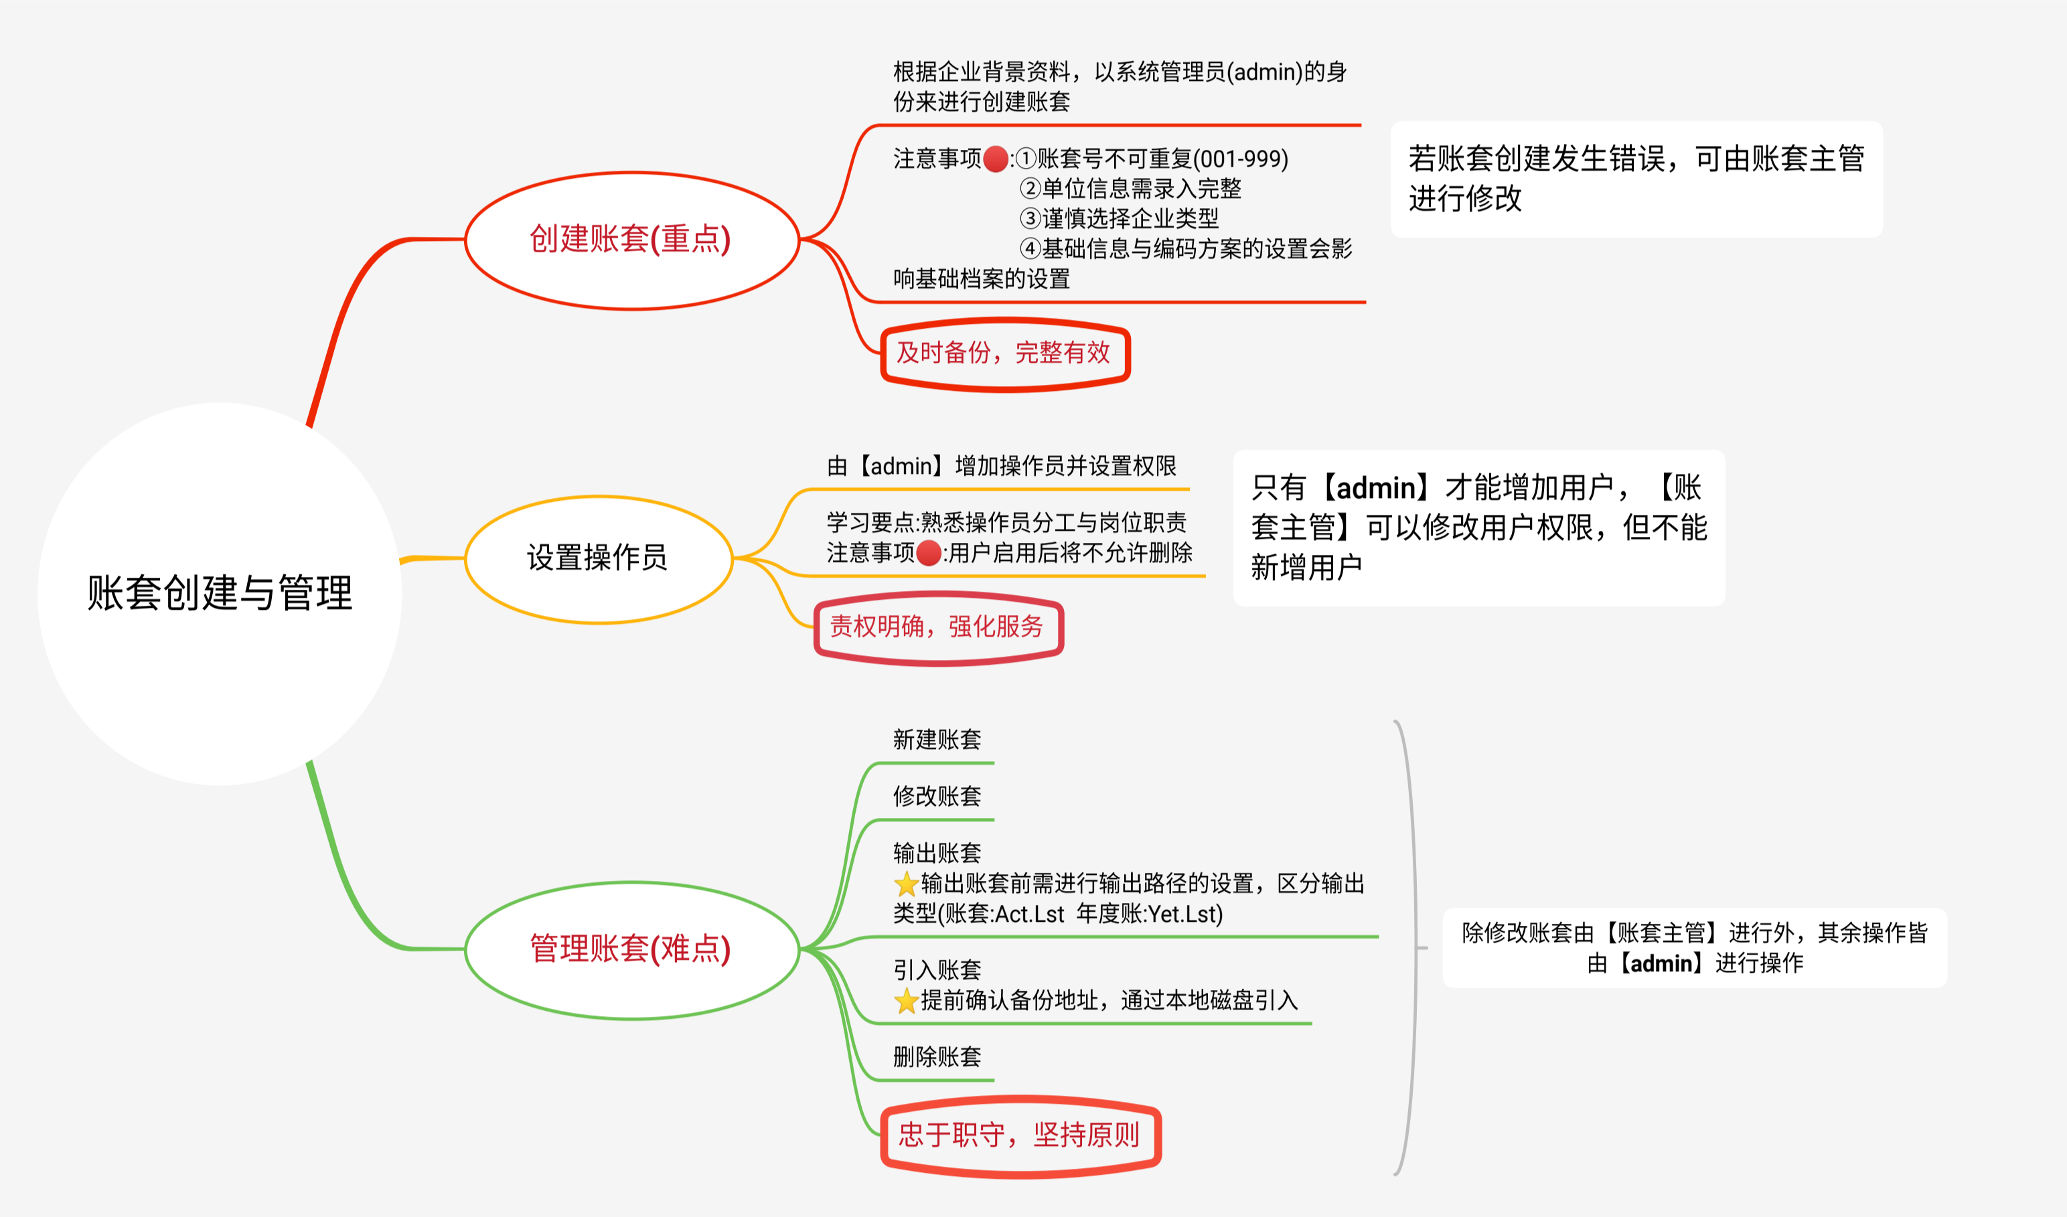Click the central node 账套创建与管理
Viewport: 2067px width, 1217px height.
[x=220, y=593]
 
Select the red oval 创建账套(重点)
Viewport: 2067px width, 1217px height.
[x=631, y=240]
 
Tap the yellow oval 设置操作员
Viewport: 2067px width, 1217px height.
[x=598, y=558]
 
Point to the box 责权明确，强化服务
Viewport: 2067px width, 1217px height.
[x=937, y=627]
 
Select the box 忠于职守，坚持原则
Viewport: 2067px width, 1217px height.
[x=1020, y=1136]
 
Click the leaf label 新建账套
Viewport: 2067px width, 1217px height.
[x=937, y=740]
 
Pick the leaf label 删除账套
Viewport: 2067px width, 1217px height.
[x=937, y=1056]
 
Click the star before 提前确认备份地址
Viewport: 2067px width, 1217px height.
[x=907, y=1001]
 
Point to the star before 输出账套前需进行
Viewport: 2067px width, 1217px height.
[x=907, y=884]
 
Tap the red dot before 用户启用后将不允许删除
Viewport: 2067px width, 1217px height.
[x=929, y=554]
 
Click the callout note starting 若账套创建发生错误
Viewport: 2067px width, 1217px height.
[x=1636, y=179]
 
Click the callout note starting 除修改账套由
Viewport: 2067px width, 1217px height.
[x=1694, y=947]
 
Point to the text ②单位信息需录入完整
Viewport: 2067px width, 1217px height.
[x=1130, y=189]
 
